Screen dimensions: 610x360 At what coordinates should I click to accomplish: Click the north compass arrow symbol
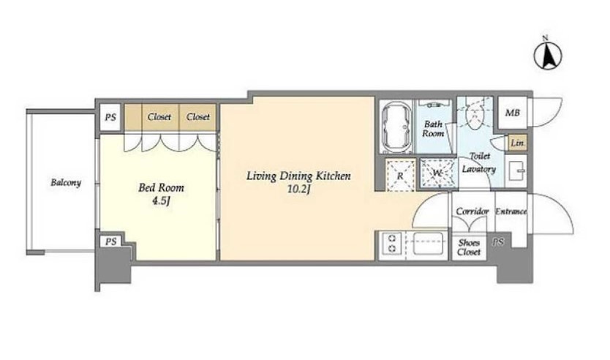(547, 56)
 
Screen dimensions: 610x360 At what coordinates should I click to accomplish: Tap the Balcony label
(66, 182)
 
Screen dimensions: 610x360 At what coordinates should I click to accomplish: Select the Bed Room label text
(161, 187)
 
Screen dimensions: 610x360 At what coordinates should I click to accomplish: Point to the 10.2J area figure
(298, 190)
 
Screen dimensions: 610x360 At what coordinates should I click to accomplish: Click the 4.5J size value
(161, 202)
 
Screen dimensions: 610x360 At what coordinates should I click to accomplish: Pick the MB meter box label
(512, 113)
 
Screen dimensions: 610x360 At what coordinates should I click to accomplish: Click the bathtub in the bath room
(396, 127)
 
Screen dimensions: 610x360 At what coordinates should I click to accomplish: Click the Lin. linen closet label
(517, 143)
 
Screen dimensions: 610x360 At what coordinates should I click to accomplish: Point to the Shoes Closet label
(469, 247)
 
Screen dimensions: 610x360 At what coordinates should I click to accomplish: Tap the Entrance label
(511, 211)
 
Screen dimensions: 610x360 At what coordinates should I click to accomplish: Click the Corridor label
(472, 211)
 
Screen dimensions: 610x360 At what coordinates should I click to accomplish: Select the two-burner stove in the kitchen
(392, 243)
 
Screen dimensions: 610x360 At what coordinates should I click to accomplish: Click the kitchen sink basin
(428, 243)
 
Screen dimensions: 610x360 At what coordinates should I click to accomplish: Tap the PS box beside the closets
(110, 117)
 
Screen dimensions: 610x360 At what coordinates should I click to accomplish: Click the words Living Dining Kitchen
(298, 176)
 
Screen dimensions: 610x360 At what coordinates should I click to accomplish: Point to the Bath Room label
(433, 129)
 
